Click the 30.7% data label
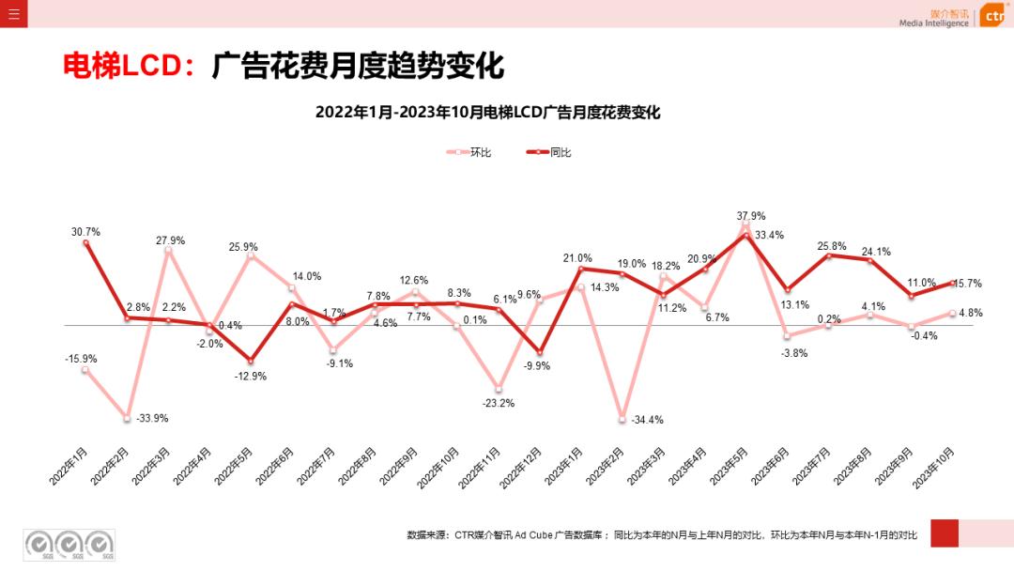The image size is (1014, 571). click(x=85, y=232)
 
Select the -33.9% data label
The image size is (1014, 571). click(x=152, y=418)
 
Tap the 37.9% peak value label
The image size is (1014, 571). click(x=751, y=216)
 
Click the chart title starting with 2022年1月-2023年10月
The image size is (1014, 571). click(x=488, y=113)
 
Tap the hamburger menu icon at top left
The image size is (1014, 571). click(x=13, y=14)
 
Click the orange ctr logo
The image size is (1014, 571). click(x=993, y=16)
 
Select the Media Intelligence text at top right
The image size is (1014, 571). click(x=933, y=23)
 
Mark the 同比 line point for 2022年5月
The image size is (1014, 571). click(x=251, y=361)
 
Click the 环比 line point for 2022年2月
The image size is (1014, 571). click(x=127, y=417)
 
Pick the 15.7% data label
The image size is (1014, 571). click(x=967, y=284)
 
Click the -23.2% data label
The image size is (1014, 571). click(x=499, y=403)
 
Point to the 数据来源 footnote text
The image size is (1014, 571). click(x=661, y=534)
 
